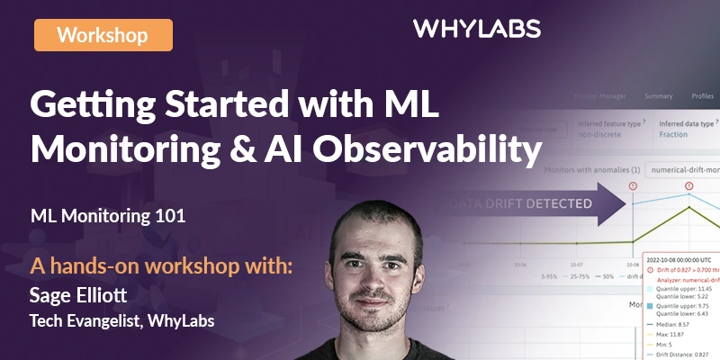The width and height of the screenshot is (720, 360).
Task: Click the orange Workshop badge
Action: point(103,35)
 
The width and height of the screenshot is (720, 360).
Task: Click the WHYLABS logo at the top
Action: point(477,30)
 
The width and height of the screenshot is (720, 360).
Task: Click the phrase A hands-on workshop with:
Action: point(162,267)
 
